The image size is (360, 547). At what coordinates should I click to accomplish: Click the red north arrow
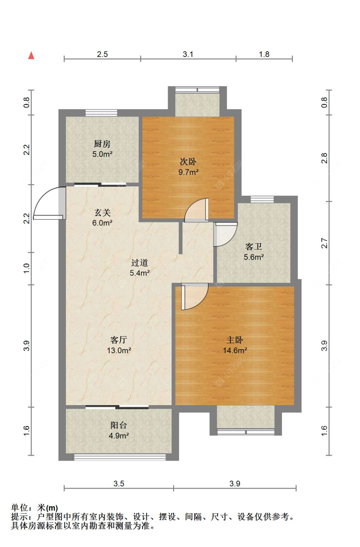coord(31,55)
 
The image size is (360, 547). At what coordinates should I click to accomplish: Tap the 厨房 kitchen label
coord(102,143)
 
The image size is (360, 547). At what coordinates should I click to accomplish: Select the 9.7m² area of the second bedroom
coord(188,172)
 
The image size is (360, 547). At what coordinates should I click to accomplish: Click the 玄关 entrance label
coord(102,212)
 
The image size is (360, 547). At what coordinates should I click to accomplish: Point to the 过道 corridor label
coord(140,263)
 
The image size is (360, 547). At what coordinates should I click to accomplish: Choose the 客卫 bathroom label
coord(253,247)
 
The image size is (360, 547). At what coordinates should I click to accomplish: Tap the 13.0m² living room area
coord(119,351)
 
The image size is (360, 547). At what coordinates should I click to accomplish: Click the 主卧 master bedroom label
coord(235,340)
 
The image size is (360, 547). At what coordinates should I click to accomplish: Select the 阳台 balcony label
coord(119,425)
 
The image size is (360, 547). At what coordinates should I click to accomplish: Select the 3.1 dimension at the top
coord(188,54)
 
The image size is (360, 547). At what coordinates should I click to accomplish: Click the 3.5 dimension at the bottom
coord(119,484)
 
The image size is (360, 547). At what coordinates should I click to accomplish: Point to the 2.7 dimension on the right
coord(324,243)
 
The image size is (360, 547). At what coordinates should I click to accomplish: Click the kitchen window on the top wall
coord(101,113)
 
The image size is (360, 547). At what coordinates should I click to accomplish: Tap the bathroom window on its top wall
coord(262,199)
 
